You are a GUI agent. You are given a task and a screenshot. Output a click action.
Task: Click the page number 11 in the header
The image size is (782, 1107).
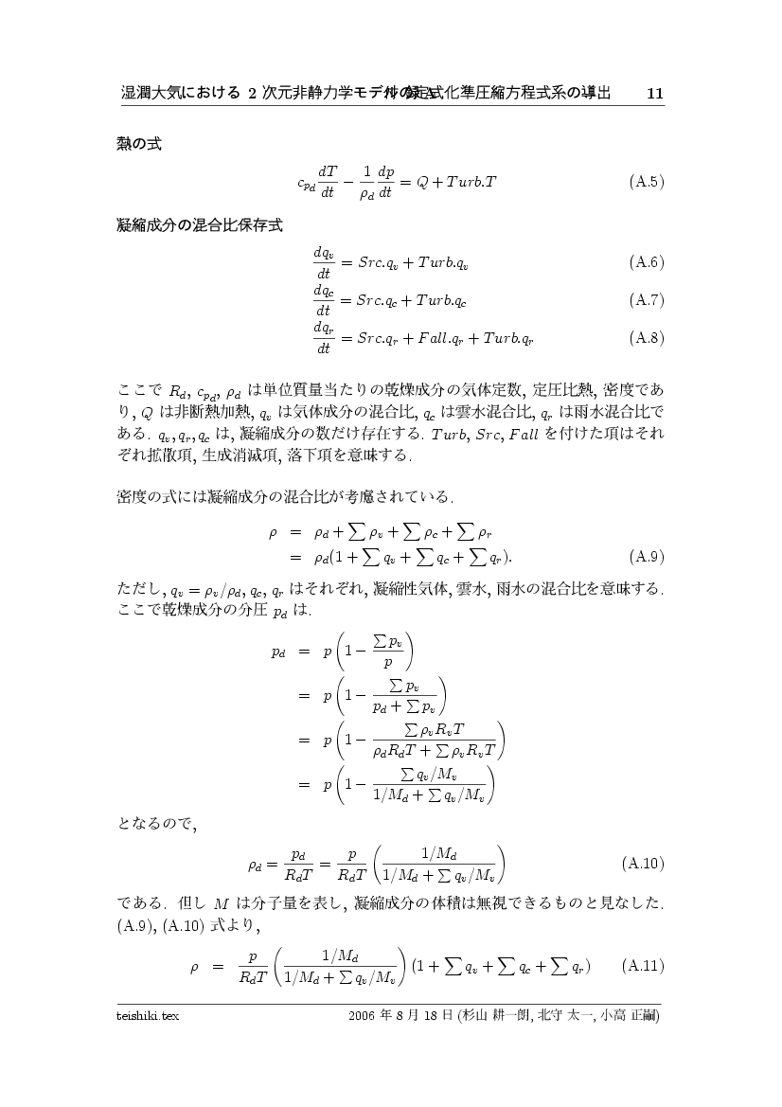654,94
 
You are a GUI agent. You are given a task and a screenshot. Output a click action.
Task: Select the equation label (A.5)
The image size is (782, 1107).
646,181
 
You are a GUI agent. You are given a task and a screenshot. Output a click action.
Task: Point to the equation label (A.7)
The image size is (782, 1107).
646,300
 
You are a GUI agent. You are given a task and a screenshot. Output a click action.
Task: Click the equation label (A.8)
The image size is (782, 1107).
646,337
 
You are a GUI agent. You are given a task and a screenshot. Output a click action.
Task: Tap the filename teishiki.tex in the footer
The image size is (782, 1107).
148,1016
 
